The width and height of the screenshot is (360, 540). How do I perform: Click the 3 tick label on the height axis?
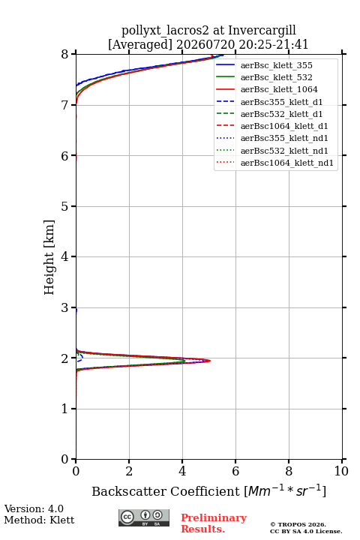pyautogui.click(x=65, y=307)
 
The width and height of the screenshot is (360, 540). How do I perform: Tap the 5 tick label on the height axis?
pyautogui.click(x=65, y=206)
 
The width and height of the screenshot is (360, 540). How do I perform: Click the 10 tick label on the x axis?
pyautogui.click(x=341, y=471)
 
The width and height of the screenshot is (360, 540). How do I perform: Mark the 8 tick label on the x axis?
pyautogui.click(x=289, y=471)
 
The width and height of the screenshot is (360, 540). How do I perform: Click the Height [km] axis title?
pyautogui.click(x=49, y=257)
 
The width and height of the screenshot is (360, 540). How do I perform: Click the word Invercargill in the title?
pyautogui.click(x=262, y=31)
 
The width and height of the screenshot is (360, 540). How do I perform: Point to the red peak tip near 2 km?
pyautogui.click(x=210, y=361)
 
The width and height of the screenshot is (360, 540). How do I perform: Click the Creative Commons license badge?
pyautogui.click(x=144, y=517)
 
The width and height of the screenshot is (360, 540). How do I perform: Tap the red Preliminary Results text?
pyautogui.click(x=214, y=523)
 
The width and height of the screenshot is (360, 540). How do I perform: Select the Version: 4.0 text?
pyautogui.click(x=34, y=508)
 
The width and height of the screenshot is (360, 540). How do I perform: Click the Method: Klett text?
pyautogui.click(x=39, y=520)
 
